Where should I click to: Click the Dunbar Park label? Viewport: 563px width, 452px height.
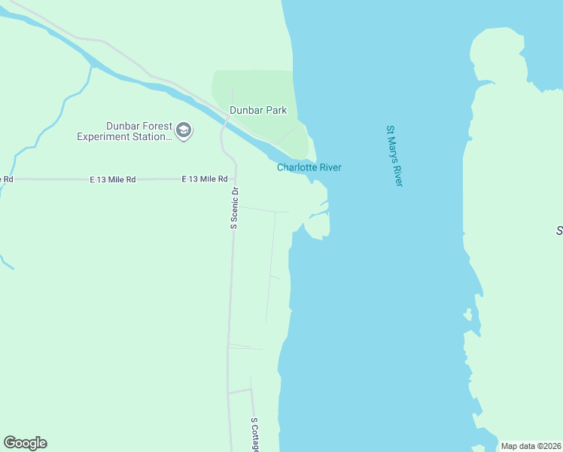point(258,110)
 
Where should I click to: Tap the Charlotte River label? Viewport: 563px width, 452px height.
point(309,167)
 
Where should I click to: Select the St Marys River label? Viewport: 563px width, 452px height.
point(395,156)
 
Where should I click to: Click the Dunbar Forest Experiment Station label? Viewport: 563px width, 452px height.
point(125,131)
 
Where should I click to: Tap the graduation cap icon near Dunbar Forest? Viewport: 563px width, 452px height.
point(184,132)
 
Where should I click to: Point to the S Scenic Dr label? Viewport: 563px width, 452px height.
point(235,207)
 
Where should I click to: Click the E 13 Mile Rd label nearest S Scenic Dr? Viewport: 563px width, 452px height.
point(205,179)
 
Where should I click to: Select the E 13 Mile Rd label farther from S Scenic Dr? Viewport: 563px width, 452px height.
point(113,180)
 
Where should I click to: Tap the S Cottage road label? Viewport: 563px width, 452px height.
point(254,435)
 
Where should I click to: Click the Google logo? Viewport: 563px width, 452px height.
point(25,443)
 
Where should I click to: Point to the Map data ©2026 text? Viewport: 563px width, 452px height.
point(531,446)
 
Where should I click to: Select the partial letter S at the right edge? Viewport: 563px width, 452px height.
point(559,231)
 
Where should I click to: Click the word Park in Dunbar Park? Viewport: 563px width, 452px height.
point(275,110)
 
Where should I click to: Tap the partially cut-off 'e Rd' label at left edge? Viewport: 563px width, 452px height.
point(7,179)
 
